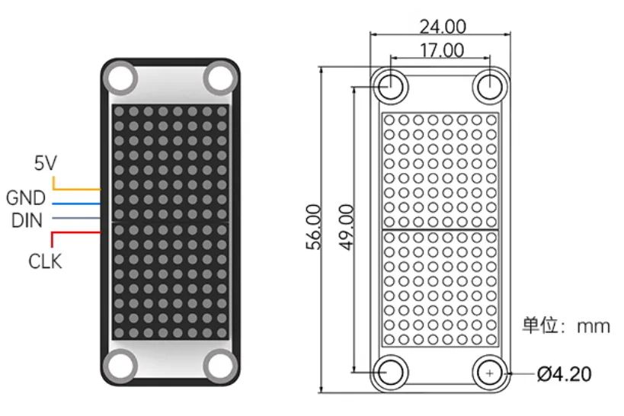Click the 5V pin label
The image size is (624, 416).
(46, 162)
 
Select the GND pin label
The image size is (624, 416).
(26, 199)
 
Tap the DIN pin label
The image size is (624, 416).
(27, 221)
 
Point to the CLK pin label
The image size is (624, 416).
(45, 261)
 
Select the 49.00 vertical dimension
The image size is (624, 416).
(344, 226)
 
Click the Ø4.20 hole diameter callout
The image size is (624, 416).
(564, 374)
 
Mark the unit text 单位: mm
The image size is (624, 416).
(565, 326)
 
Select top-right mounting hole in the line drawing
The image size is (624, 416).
(489, 85)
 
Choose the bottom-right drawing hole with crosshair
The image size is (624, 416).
(489, 373)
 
